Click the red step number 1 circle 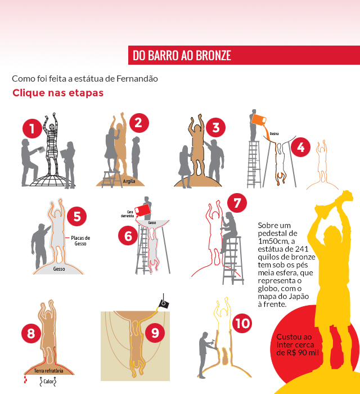click(x=32, y=129)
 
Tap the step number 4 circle click(x=300, y=147)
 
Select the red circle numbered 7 click(x=237, y=203)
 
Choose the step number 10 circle click(x=242, y=324)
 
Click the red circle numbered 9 click(x=155, y=333)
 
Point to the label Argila click(x=129, y=181)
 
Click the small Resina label click(x=274, y=134)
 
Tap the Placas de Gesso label click(x=80, y=240)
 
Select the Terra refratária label click(x=48, y=370)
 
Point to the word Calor click(x=48, y=382)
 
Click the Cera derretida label click(x=128, y=214)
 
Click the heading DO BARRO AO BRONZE click(x=182, y=55)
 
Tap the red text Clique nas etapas click(x=58, y=93)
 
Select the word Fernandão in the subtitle click(x=137, y=79)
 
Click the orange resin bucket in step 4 click(x=259, y=120)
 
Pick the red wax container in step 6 click(x=142, y=211)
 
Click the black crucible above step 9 click(x=164, y=305)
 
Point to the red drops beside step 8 click(x=25, y=380)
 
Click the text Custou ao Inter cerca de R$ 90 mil click(x=298, y=344)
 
